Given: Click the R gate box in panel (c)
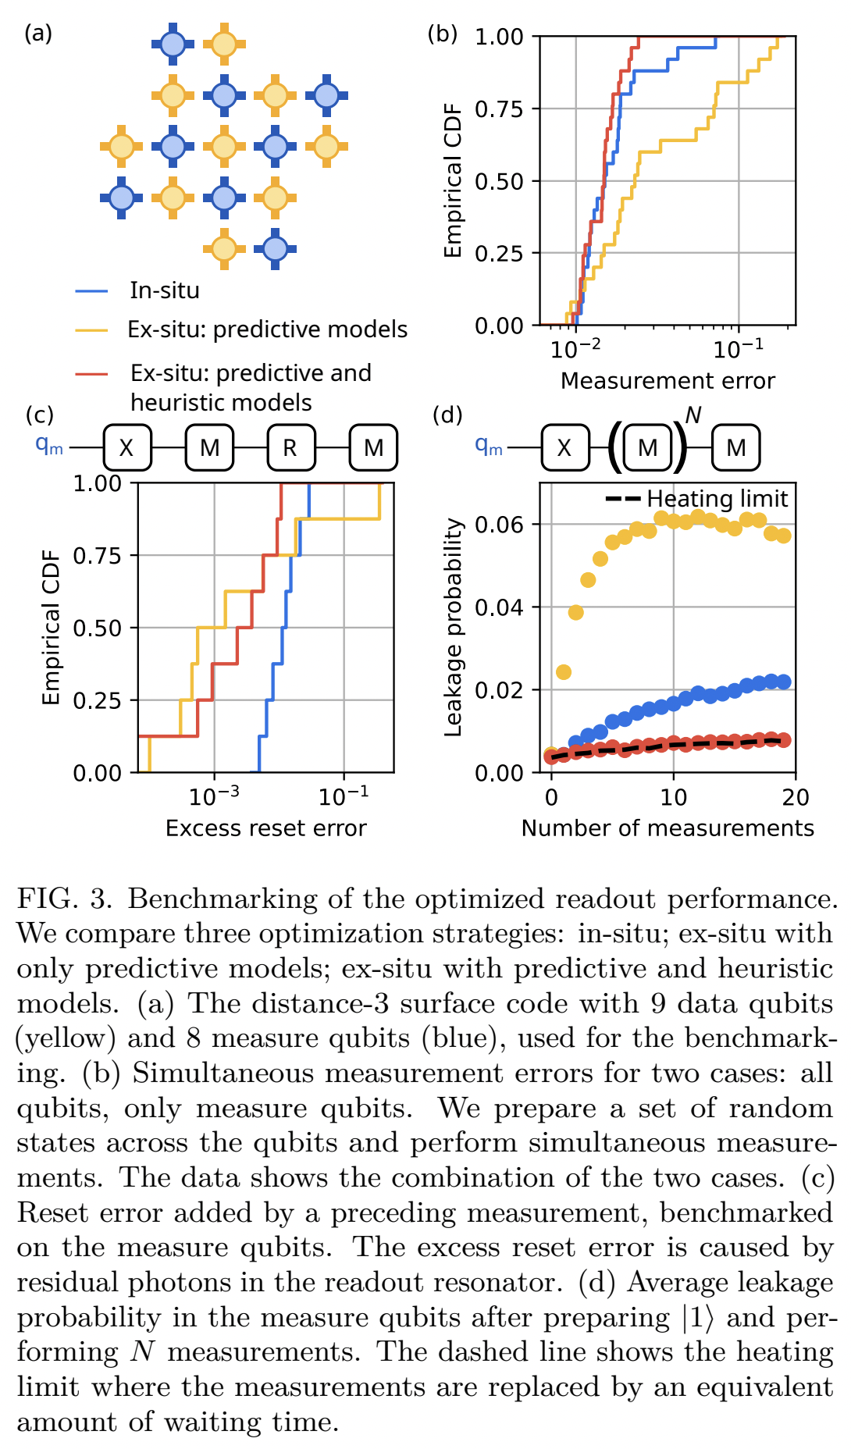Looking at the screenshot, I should click(x=291, y=447).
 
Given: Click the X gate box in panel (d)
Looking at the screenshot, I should click(x=564, y=447).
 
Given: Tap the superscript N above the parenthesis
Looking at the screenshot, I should click(x=693, y=415).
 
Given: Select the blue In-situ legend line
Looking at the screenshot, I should click(x=91, y=290).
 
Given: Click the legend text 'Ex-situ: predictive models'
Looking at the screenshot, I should click(x=267, y=329).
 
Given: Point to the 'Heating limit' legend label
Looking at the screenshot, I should click(x=717, y=498).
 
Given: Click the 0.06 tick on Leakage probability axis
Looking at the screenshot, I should click(x=500, y=524).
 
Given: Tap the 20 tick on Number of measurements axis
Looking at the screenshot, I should click(x=795, y=797).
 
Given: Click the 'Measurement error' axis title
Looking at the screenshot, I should click(x=668, y=380).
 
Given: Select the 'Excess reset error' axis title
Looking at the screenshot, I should click(x=265, y=828).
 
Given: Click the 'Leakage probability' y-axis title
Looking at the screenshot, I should click(x=454, y=628).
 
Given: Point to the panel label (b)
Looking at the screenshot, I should click(x=443, y=34).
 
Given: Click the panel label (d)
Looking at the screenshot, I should click(x=447, y=415).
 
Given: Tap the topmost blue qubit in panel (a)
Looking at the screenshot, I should click(x=173, y=45).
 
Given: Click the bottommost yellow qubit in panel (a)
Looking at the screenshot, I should click(x=224, y=248).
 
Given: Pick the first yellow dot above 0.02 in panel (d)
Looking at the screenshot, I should click(x=563, y=672).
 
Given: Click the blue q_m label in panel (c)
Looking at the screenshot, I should click(x=49, y=445).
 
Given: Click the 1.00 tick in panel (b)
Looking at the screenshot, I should click(x=500, y=37).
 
